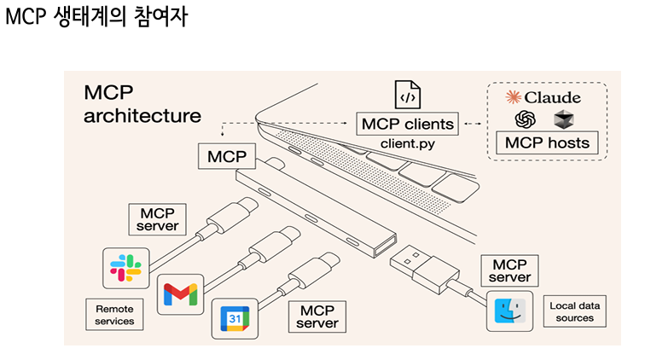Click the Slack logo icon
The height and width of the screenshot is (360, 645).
126,268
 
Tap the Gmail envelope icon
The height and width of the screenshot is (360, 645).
180,294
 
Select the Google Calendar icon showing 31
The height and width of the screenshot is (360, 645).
235,318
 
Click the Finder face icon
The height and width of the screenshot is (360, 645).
509,311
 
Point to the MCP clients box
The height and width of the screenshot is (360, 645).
407,124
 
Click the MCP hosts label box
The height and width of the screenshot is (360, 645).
547,142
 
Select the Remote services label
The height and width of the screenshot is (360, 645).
114,315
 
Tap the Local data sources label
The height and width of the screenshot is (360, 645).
575,311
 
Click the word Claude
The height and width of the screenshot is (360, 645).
553,97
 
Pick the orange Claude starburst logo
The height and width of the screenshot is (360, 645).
514,97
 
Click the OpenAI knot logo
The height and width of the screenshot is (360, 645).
526,119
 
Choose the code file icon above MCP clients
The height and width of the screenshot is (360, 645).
408,95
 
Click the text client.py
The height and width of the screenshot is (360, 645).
408,143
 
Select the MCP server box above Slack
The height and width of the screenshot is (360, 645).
157,219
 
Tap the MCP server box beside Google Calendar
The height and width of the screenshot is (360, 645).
317,316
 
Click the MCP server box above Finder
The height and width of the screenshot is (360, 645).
509,270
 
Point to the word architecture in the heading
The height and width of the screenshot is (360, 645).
142,116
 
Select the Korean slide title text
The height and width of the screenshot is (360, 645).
96,16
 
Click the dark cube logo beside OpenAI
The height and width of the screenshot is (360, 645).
564,119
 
